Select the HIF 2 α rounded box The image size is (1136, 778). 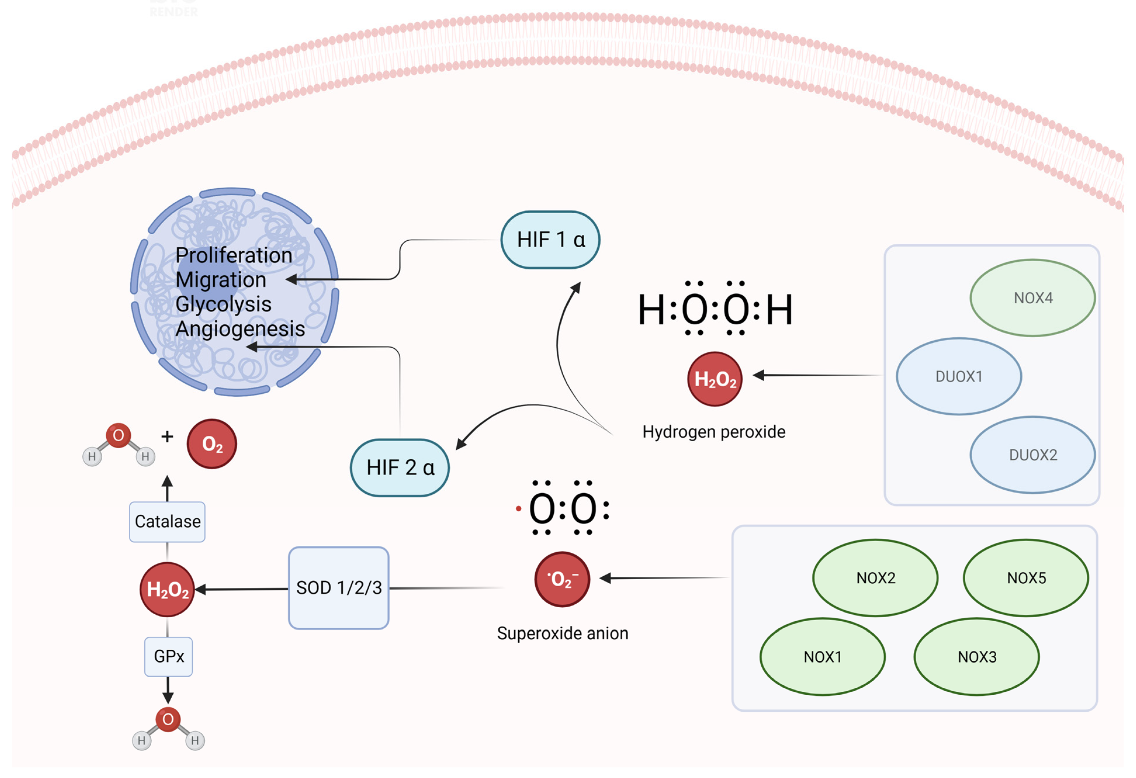[400, 468]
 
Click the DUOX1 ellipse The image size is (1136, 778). [959, 376]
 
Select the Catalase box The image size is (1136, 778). [167, 522]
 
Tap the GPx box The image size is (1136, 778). [168, 656]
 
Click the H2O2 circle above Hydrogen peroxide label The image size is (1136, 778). [715, 379]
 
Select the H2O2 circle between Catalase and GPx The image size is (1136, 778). [167, 589]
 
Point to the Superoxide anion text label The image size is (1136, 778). [562, 633]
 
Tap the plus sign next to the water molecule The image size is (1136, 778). [167, 436]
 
